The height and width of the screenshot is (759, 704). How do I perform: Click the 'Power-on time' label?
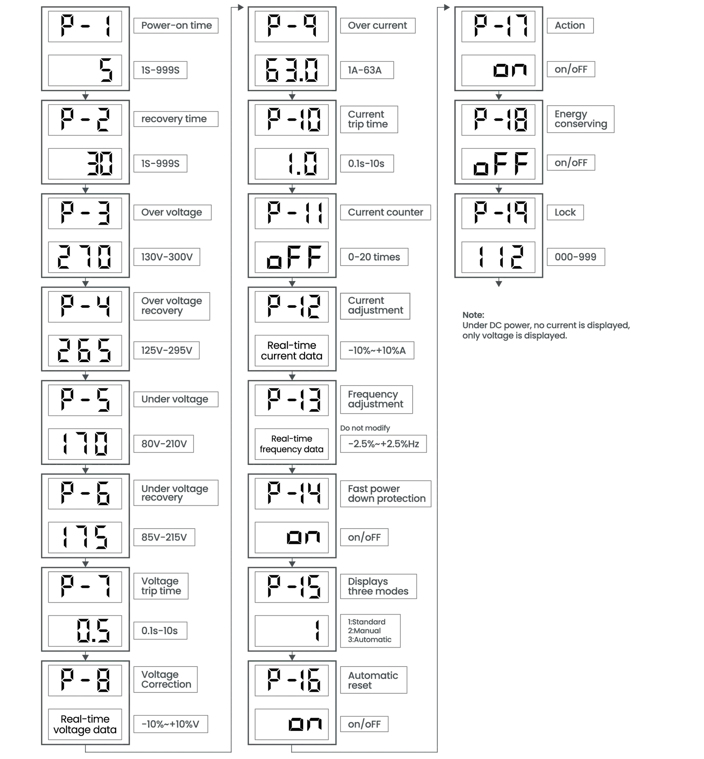tap(176, 26)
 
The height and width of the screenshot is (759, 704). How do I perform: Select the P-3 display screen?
tap(85, 213)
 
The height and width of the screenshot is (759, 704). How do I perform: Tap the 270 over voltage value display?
tap(85, 257)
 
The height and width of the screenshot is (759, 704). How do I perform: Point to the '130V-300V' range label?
tap(167, 257)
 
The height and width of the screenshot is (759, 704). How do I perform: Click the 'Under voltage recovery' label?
tap(176, 493)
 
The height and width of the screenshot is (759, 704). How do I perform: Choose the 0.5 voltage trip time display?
tap(85, 630)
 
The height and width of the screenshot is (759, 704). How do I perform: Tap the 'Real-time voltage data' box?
tap(85, 724)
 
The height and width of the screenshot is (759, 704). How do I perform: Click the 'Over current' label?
tap(378, 26)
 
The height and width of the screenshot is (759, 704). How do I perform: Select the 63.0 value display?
tap(292, 70)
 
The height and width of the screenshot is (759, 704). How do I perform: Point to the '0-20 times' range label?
tap(374, 257)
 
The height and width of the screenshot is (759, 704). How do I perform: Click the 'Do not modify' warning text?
tap(365, 428)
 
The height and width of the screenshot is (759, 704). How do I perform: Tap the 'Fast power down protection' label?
tap(386, 494)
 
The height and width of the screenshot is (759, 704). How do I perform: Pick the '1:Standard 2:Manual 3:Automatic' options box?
tap(370, 631)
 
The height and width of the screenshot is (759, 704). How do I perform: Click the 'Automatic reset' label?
tap(374, 680)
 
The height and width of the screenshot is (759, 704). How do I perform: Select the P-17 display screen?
tap(498, 26)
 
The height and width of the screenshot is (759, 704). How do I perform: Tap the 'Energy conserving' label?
tap(580, 119)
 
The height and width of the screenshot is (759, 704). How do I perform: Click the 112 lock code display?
tap(498, 257)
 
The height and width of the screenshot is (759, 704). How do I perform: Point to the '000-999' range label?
tap(576, 257)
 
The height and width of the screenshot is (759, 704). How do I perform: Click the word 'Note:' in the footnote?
tap(473, 315)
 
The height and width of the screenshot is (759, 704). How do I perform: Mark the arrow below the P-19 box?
tap(499, 282)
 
